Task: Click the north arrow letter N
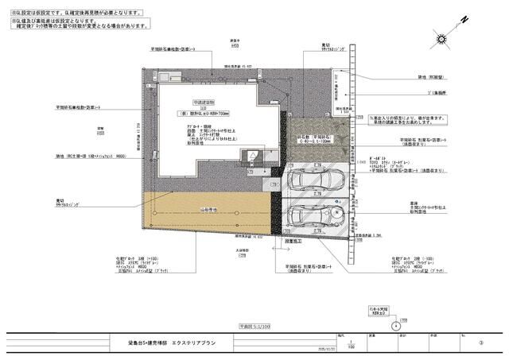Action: (463, 18)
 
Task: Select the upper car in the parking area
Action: (313, 181)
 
